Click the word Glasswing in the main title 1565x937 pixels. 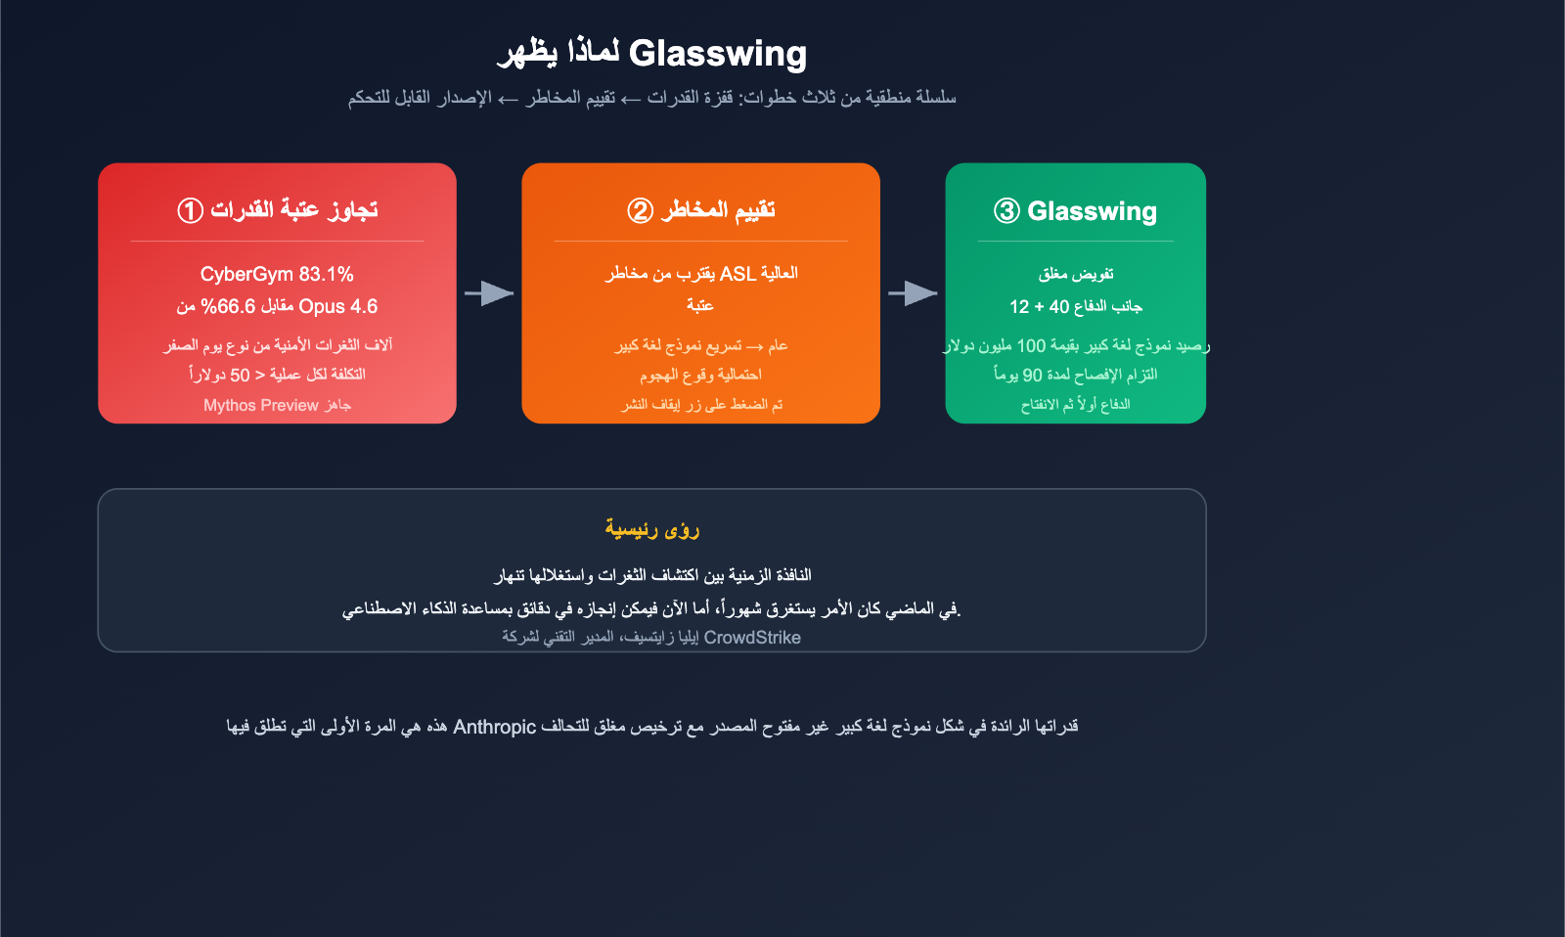(x=717, y=54)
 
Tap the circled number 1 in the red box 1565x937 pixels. (x=190, y=210)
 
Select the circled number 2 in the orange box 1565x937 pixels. (x=640, y=210)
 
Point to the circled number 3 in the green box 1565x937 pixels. (x=1006, y=210)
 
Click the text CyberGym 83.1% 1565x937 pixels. (x=277, y=275)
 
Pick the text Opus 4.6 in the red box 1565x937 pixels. (x=338, y=307)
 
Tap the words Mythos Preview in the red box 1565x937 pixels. (x=260, y=406)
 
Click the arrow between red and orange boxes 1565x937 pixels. (x=489, y=293)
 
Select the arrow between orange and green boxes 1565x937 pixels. (x=913, y=293)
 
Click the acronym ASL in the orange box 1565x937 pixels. (x=738, y=275)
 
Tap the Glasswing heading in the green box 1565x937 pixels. (x=1092, y=211)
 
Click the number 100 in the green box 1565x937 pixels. (x=1031, y=346)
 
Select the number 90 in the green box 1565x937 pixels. (x=1032, y=376)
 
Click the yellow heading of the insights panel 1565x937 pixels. (x=652, y=529)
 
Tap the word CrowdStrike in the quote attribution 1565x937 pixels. (x=752, y=638)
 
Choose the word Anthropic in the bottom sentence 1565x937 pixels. (x=494, y=727)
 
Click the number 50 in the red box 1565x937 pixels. (x=240, y=376)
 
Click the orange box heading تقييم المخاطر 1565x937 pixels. (x=718, y=210)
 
